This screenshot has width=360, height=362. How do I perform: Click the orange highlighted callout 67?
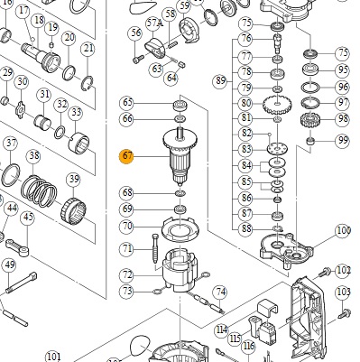pos(126,156)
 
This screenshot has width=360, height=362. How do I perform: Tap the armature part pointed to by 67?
pos(180,156)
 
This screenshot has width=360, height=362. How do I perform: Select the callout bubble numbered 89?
pos(220,80)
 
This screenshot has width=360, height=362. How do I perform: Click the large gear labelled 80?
pos(277,105)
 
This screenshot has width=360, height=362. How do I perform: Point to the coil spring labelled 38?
pos(40,191)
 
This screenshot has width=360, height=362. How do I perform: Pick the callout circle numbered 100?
pos(343,231)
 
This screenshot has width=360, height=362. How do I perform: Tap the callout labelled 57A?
pos(153,23)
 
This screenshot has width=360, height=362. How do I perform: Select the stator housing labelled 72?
pos(180,271)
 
